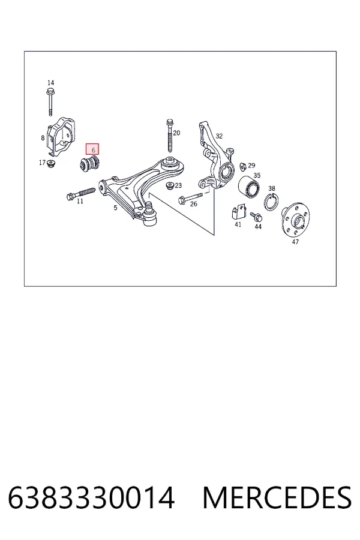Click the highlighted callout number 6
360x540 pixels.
tap(93, 150)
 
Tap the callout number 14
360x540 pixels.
tap(50, 83)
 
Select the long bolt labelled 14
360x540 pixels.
tap(50, 102)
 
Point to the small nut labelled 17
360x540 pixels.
tap(52, 163)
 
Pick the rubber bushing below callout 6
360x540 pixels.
tap(89, 164)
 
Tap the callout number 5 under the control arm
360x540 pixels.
tap(115, 208)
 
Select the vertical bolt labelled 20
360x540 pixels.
tap(169, 136)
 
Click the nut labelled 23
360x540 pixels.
tap(169, 185)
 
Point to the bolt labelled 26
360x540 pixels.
tap(191, 197)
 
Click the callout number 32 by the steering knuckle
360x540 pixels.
tap(219, 136)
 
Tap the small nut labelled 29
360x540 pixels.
tap(243, 166)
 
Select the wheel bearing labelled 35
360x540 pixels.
tap(250, 188)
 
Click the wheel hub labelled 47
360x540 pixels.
tap(295, 219)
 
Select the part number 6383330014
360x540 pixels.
tap(91, 497)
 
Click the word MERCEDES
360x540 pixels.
tap(277, 497)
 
